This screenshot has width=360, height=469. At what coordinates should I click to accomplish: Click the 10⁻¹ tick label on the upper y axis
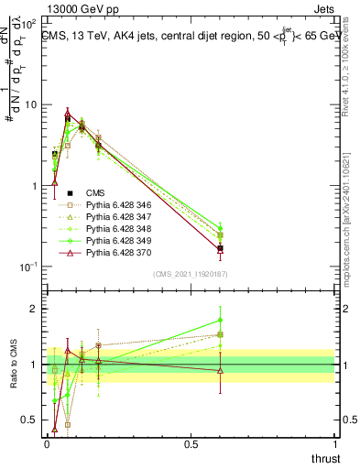27,267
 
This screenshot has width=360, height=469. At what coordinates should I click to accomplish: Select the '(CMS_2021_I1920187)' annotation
191,274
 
